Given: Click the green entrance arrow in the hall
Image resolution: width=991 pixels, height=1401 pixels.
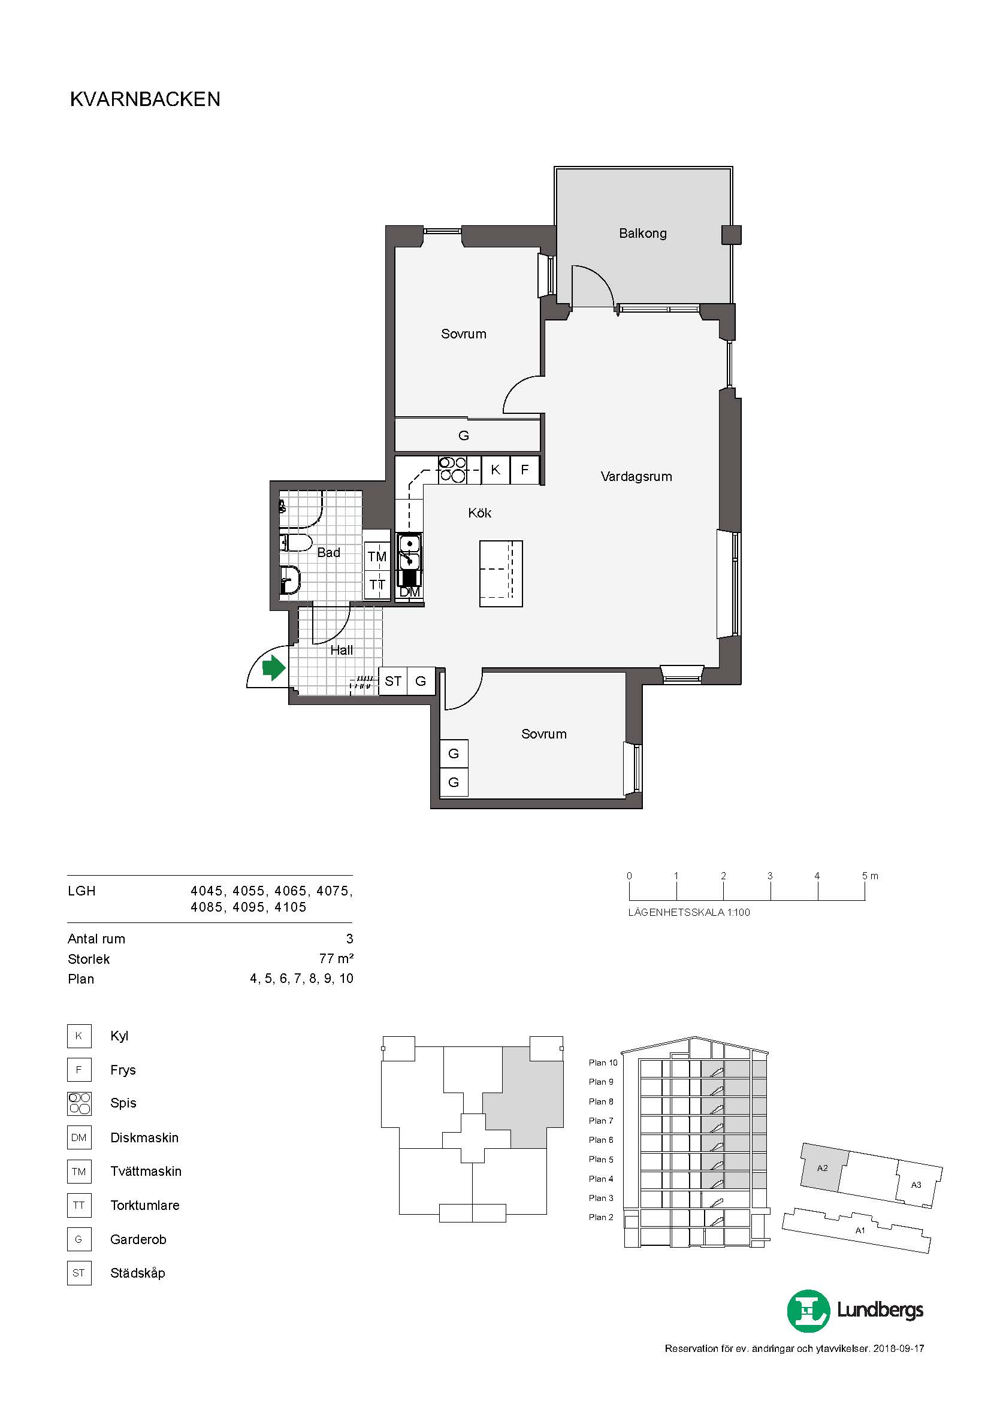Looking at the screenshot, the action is point(274,668).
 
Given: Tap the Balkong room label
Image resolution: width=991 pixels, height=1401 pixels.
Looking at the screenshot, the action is point(642,233).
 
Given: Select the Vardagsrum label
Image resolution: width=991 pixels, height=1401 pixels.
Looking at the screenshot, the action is point(636,477).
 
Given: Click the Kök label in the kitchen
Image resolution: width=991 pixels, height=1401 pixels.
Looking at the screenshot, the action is point(480,513).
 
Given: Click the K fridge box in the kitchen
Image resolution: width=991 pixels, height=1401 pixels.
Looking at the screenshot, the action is point(496,470).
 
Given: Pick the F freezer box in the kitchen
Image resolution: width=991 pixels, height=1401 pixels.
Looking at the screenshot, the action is point(524,470).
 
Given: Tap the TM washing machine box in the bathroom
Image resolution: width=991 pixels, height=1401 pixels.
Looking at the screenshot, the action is point(377,556).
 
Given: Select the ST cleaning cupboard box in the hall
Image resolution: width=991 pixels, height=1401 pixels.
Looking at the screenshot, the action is point(393,681).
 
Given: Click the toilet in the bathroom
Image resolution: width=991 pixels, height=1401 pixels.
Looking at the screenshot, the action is point(296,542).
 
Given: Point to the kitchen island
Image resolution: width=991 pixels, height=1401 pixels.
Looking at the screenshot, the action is point(501,574).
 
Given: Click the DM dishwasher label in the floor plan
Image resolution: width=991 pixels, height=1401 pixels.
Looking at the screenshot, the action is point(409,592).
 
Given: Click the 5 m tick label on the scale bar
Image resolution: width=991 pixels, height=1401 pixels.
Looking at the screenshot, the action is point(870,876).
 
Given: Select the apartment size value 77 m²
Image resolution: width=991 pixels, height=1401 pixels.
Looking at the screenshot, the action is point(336,958).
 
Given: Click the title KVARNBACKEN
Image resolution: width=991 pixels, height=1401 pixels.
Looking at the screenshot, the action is point(145,99).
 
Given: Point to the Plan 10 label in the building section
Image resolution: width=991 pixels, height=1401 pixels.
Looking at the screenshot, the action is point(603,1063).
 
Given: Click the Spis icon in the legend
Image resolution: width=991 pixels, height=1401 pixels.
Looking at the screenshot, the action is point(79,1103).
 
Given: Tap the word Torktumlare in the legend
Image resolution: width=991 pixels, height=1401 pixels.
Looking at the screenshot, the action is point(145,1205).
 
